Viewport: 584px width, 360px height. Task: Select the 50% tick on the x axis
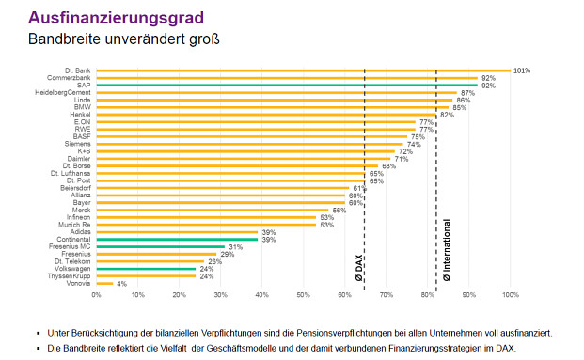coord(304,295)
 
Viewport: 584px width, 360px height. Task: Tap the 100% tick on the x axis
coord(511,295)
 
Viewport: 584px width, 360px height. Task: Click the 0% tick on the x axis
coord(96,295)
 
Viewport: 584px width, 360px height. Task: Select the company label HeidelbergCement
coord(62,93)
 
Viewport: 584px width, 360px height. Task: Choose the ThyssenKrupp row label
coord(68,275)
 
